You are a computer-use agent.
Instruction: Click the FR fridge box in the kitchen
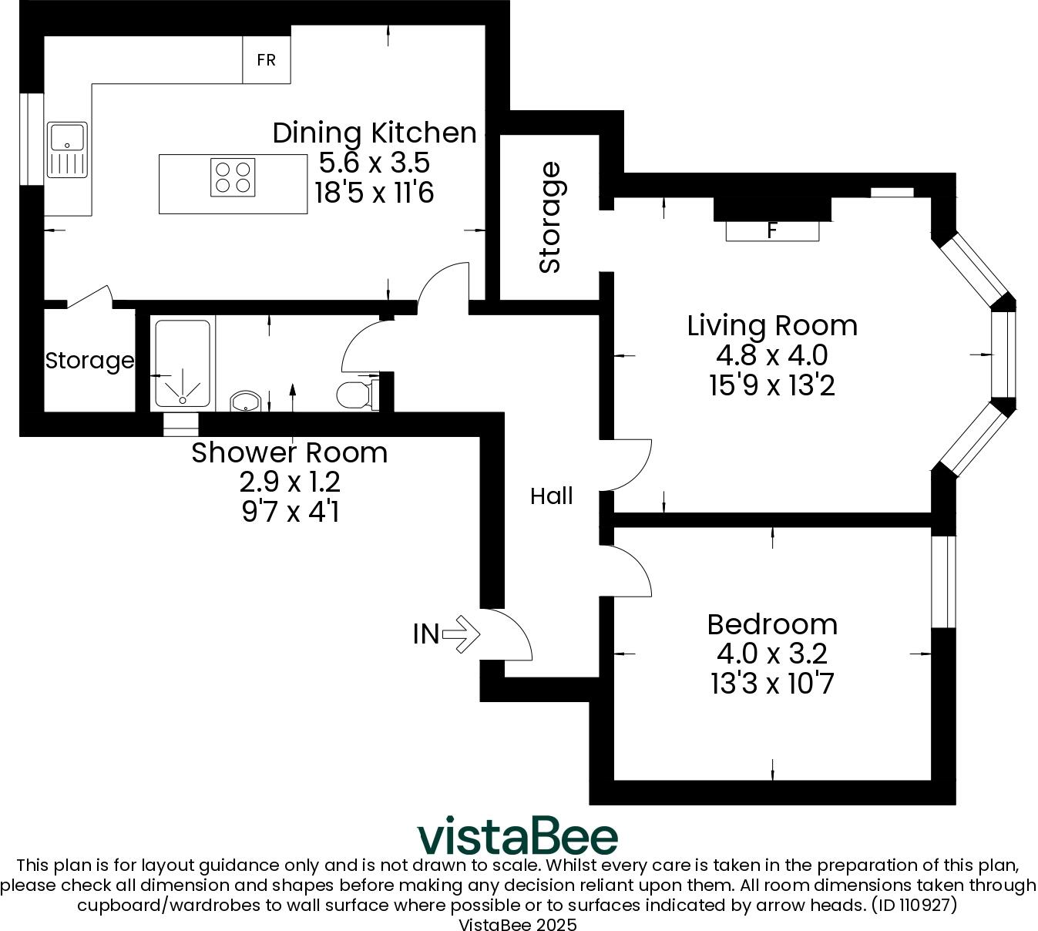266,60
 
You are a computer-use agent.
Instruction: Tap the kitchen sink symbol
67,150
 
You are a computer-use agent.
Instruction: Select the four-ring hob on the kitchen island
233,176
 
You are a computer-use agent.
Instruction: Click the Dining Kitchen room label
375,133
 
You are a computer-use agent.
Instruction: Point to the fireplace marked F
772,230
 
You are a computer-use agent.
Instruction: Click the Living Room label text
772,325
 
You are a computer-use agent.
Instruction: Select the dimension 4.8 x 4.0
772,355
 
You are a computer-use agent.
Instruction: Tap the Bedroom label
772,623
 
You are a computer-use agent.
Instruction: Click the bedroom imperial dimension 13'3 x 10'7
772,684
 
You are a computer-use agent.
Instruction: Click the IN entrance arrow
461,634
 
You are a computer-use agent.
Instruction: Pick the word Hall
551,496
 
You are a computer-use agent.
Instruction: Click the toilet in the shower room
354,395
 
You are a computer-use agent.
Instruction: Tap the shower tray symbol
183,364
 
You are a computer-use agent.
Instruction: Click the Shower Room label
289,452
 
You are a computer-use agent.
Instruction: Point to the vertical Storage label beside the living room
550,217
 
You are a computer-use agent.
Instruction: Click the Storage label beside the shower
89,361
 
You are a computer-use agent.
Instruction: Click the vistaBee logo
518,836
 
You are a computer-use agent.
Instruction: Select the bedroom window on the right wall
943,582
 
